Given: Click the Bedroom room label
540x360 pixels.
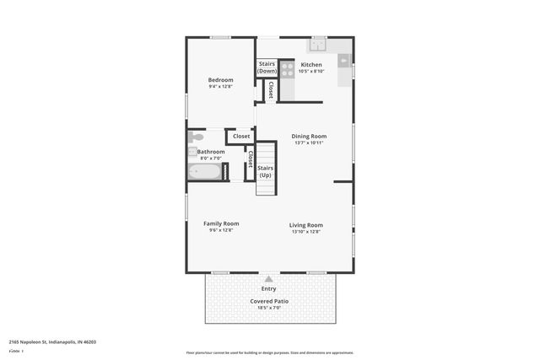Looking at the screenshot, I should (220, 80).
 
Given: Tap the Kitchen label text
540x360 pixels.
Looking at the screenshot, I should (310, 64).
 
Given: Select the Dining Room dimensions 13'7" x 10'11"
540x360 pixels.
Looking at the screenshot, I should (309, 142).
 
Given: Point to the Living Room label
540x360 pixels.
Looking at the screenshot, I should (306, 224).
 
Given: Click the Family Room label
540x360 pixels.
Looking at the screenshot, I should (221, 223).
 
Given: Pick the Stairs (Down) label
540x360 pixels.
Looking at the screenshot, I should (267, 67).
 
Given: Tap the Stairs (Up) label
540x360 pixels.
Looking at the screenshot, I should (264, 171).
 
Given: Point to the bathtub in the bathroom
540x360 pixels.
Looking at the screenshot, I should (205, 172).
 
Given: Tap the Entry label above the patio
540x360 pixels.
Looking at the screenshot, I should (268, 288).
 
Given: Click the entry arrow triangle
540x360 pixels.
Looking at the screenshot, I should (268, 278).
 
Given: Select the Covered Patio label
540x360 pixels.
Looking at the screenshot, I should (269, 301).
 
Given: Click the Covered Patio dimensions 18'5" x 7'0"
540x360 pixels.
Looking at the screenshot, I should (269, 308).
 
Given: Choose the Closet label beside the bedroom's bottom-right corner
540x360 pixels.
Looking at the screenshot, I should (241, 136).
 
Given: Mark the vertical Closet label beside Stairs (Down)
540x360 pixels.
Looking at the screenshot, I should (271, 89).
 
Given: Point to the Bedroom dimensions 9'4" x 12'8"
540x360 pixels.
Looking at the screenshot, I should (220, 87).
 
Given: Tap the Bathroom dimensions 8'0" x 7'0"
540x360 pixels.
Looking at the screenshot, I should (210, 158).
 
